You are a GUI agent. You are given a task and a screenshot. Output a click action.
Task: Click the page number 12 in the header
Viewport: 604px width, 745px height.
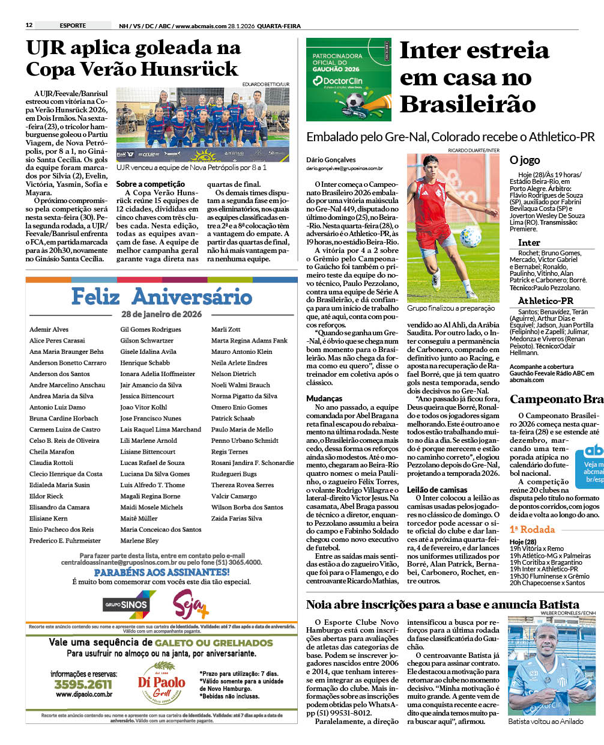tap(29, 25)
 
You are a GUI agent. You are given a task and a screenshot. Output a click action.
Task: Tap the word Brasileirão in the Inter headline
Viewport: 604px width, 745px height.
tap(468, 104)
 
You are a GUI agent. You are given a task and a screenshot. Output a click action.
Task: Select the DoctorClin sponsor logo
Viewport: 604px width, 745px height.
tap(343, 81)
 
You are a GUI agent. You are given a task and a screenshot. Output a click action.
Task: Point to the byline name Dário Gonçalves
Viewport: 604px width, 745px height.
tap(331, 160)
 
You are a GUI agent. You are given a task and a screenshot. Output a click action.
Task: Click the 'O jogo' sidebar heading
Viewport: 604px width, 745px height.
tap(525, 160)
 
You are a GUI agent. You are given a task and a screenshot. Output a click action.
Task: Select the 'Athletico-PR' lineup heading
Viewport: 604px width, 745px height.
tap(545, 300)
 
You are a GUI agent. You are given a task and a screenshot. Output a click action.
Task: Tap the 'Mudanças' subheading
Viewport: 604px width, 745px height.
tap(324, 398)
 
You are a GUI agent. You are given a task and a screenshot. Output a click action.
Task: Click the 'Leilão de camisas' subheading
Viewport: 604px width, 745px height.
tap(437, 490)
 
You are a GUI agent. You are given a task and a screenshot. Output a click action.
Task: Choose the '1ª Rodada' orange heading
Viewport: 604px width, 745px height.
tap(532, 529)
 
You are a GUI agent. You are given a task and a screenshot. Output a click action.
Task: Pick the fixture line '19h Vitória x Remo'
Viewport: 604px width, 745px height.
tap(537, 549)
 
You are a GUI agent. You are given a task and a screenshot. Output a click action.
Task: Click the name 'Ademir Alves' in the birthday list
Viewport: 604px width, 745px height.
tap(49, 329)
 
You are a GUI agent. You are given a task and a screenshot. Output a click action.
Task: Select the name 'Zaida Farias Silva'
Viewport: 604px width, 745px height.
tap(237, 518)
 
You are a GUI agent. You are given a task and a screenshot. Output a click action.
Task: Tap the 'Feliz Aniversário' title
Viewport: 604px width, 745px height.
tap(162, 296)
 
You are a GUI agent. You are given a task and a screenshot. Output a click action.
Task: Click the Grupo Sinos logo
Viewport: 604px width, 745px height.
tap(129, 604)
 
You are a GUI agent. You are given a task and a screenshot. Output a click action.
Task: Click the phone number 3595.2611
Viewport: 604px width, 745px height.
tap(83, 684)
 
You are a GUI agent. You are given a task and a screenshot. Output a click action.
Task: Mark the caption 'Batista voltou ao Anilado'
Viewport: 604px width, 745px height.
tap(546, 722)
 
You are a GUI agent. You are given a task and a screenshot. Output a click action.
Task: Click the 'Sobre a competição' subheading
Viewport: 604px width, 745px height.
tap(150, 184)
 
